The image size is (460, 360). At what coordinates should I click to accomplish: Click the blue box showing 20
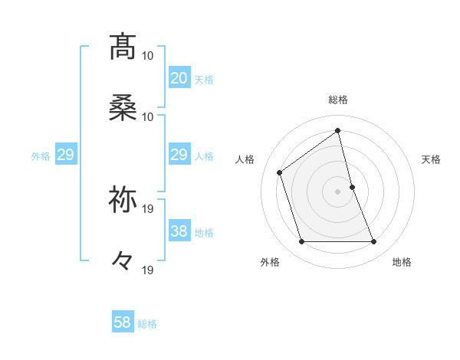(179, 78)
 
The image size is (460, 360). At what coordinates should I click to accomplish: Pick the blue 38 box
(179, 232)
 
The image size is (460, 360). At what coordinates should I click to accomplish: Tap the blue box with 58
(123, 322)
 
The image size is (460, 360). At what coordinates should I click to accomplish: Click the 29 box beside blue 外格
(65, 155)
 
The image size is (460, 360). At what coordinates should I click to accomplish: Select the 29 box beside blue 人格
(179, 155)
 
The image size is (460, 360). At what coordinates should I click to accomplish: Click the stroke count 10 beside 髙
(149, 56)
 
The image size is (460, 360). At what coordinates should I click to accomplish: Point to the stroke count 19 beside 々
(149, 270)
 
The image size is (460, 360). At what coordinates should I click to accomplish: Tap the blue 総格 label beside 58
(147, 323)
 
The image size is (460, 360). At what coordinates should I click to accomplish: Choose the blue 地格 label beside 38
(204, 233)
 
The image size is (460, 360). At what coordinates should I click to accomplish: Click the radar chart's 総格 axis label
(337, 100)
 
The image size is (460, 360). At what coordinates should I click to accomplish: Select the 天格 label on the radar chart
(431, 159)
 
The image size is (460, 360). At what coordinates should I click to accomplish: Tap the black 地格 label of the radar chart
(402, 263)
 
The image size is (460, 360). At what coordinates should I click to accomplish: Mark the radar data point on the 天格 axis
(352, 186)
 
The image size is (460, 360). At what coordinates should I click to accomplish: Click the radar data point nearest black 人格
(280, 172)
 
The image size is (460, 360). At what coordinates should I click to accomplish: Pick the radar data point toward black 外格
(301, 242)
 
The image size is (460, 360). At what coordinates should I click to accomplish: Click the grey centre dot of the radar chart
(337, 191)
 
